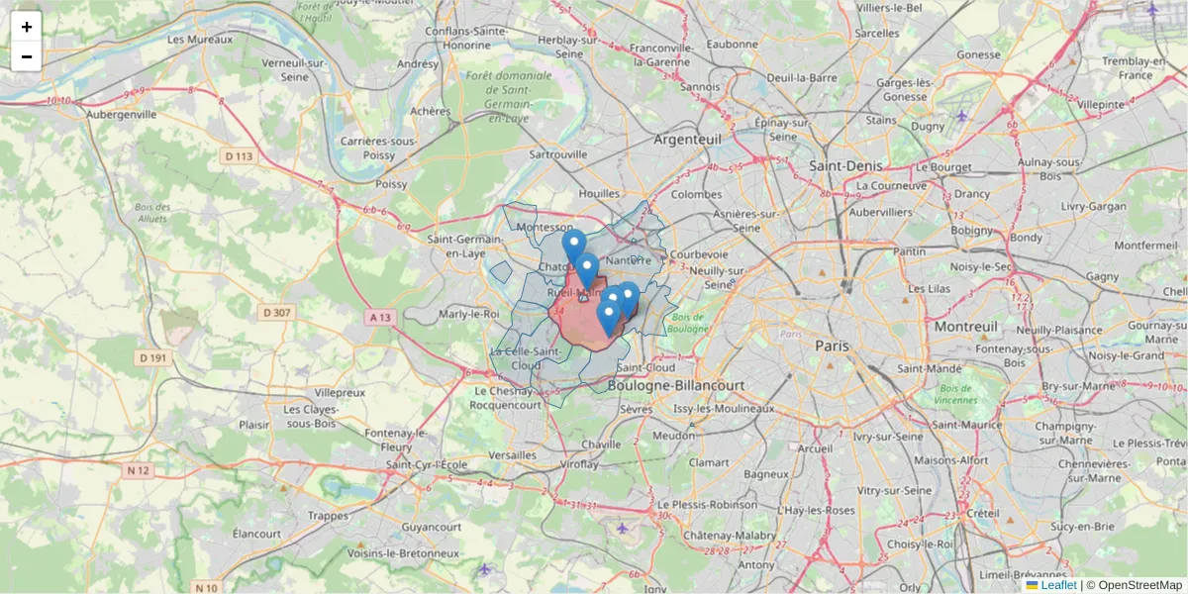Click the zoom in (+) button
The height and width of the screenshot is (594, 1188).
point(27,27)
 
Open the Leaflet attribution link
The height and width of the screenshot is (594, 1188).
point(1058,585)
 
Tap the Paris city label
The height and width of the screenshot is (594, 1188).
point(832,346)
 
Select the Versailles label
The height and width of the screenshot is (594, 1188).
point(514,454)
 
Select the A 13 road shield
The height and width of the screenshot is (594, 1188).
point(379,317)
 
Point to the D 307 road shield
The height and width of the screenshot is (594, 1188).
point(276,313)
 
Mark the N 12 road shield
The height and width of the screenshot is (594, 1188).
point(138,470)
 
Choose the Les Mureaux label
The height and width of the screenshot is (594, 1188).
point(200,40)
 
